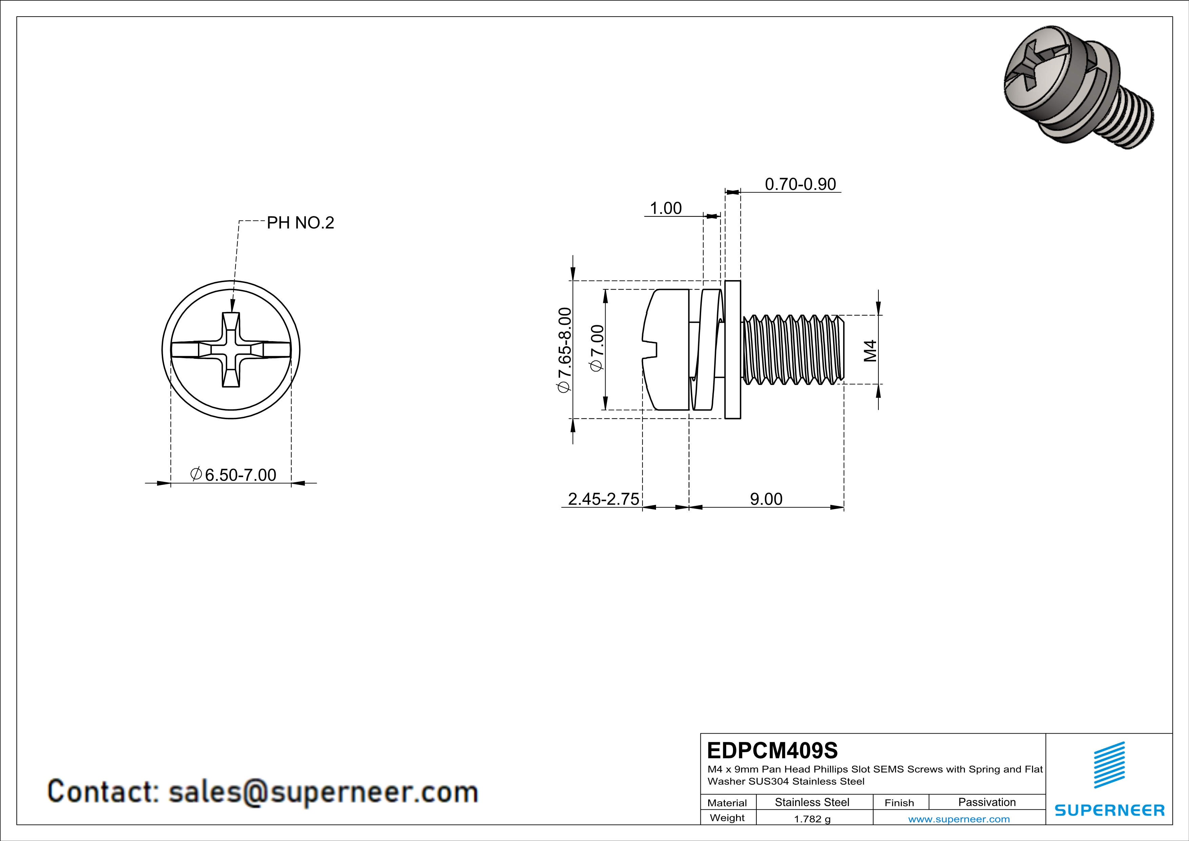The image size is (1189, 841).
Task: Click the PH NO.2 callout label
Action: click(300, 223)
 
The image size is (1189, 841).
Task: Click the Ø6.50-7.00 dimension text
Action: click(234, 474)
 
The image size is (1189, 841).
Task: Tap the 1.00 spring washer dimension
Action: click(666, 208)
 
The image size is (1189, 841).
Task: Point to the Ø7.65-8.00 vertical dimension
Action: click(564, 350)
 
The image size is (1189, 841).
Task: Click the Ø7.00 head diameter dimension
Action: click(597, 348)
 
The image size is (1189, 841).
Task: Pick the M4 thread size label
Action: click(871, 351)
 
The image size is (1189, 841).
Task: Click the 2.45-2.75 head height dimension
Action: click(603, 499)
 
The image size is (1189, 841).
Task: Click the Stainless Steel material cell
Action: click(812, 802)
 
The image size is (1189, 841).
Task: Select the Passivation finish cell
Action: click(987, 802)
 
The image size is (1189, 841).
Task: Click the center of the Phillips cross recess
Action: click(231, 350)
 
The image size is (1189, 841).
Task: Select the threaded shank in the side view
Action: click(792, 350)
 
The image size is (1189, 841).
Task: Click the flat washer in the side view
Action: click(733, 350)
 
